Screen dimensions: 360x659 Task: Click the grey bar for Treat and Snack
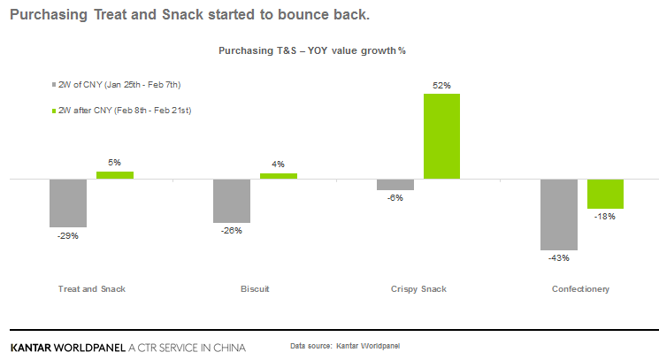point(68,203)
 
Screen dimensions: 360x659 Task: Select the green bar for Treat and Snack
point(115,175)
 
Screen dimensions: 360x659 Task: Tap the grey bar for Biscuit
point(232,201)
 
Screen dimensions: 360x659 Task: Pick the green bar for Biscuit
point(279,176)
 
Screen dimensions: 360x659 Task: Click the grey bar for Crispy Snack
point(395,184)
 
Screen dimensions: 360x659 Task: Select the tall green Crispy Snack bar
point(442,136)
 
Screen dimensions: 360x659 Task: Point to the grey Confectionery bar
point(559,214)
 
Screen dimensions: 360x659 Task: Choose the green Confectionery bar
point(606,194)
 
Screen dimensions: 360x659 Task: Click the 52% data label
point(442,86)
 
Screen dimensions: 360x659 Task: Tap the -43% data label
point(559,258)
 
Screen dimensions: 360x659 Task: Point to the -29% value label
point(68,235)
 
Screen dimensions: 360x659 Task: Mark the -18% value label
point(606,217)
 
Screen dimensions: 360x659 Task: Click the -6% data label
point(395,198)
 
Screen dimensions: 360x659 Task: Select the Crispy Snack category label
point(418,289)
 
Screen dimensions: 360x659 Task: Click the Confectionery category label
point(581,289)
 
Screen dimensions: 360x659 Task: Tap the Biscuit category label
point(255,289)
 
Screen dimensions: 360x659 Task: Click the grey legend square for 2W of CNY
point(55,85)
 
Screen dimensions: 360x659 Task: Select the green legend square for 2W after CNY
point(55,110)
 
